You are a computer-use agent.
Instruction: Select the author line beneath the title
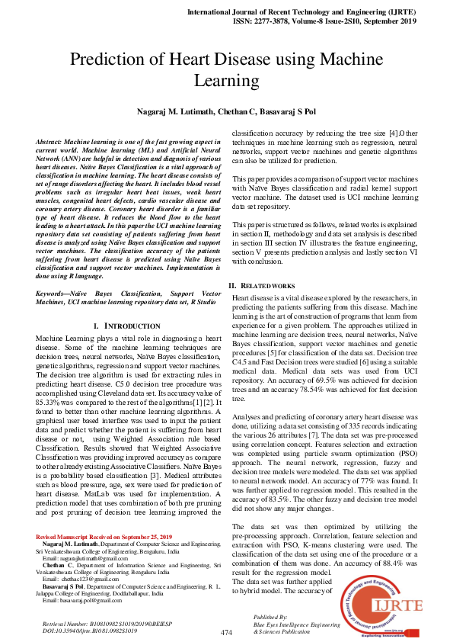click(x=226, y=112)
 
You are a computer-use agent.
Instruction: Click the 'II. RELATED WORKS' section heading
click(x=263, y=285)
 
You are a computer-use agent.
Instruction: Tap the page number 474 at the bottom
click(x=226, y=633)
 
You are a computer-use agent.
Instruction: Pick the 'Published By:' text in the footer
click(x=271, y=616)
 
